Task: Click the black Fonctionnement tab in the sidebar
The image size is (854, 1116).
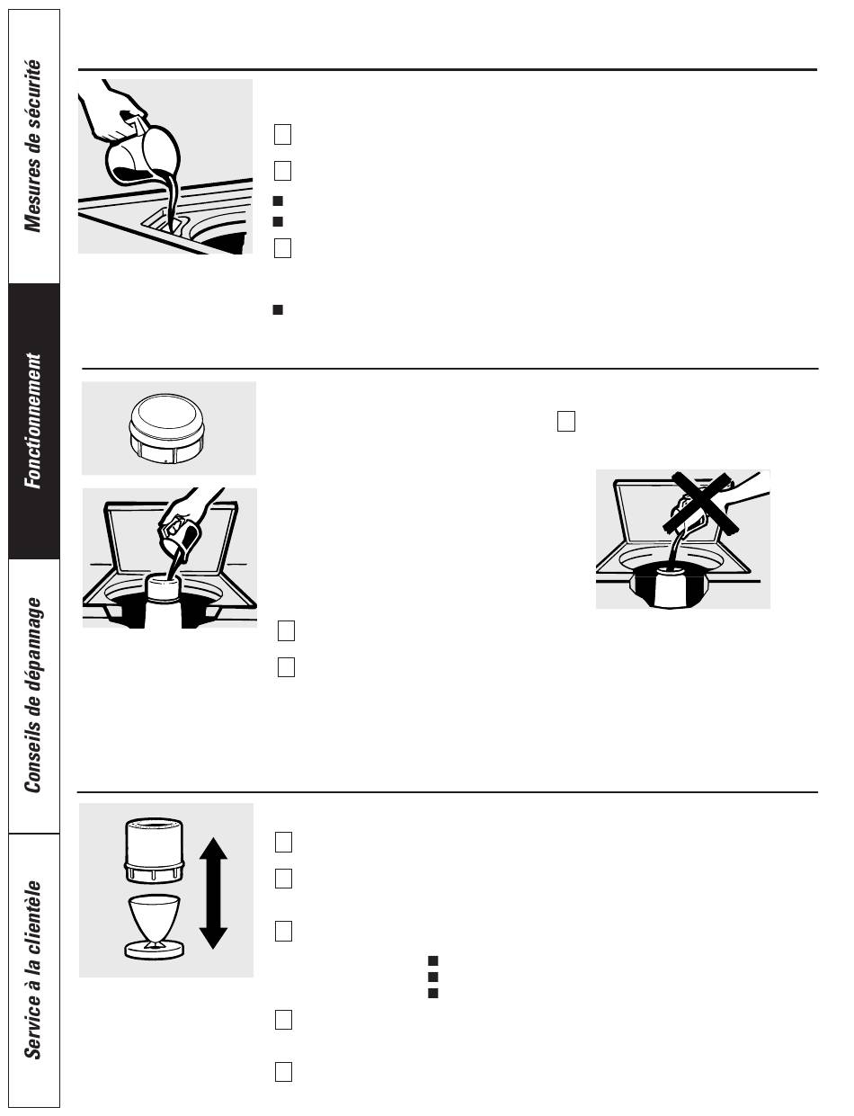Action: point(34,421)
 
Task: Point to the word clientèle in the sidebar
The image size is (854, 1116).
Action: point(33,923)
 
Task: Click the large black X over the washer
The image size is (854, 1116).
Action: point(699,503)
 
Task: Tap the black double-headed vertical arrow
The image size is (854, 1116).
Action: point(213,893)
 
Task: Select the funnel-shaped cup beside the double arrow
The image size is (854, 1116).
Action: point(154,927)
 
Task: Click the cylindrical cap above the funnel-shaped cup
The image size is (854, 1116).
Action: point(154,851)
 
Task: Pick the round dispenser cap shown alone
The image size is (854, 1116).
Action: point(167,428)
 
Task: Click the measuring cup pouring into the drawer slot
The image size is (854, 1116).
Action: point(144,154)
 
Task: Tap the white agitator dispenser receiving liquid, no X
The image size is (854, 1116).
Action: point(164,589)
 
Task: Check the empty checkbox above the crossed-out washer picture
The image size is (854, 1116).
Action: point(566,421)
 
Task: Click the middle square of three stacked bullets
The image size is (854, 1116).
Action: point(432,977)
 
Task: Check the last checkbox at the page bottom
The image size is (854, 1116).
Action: point(283,1072)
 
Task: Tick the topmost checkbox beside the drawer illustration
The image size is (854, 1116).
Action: point(283,134)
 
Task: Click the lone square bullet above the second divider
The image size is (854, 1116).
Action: point(278,309)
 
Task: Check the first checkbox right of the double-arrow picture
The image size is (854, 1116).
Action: point(283,842)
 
